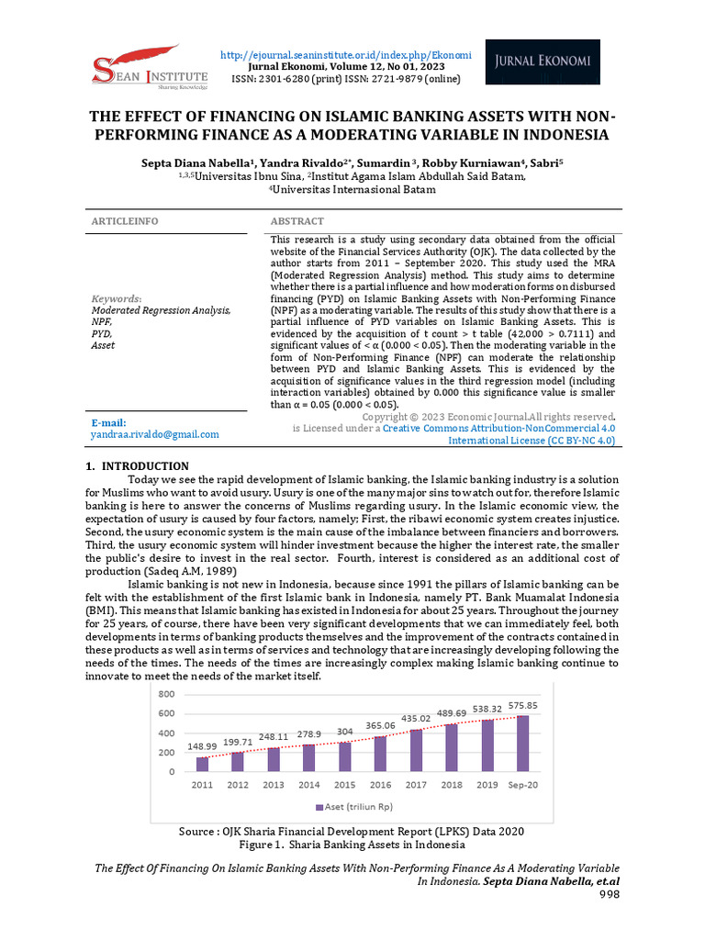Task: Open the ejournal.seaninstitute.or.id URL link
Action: (x=346, y=56)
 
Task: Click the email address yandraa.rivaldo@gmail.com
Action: (x=155, y=434)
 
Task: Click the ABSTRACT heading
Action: (x=297, y=221)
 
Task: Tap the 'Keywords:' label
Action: (x=116, y=298)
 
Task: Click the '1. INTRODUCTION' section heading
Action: (x=137, y=466)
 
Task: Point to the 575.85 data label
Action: (x=524, y=706)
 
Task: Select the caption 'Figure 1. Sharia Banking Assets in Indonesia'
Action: (x=352, y=845)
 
